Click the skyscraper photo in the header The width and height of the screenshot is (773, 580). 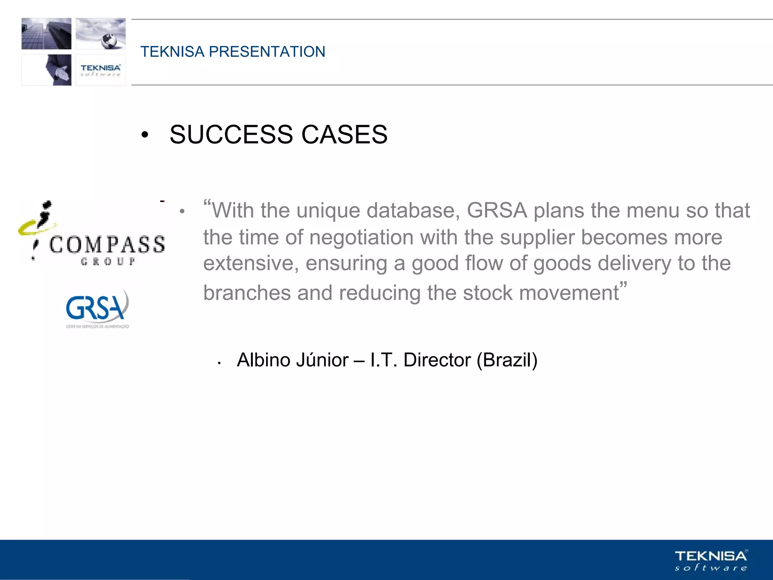click(x=46, y=34)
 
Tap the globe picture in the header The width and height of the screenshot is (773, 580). click(x=101, y=34)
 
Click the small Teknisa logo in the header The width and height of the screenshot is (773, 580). click(x=100, y=70)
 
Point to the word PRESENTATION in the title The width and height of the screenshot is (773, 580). click(x=267, y=52)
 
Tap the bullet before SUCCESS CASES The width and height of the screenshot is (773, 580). click(x=145, y=135)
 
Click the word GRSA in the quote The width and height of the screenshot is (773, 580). click(x=497, y=210)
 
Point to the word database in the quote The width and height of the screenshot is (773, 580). click(x=413, y=210)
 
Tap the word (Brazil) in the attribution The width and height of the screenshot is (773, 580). click(x=507, y=360)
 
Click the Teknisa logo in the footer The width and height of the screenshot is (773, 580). click(x=711, y=560)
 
